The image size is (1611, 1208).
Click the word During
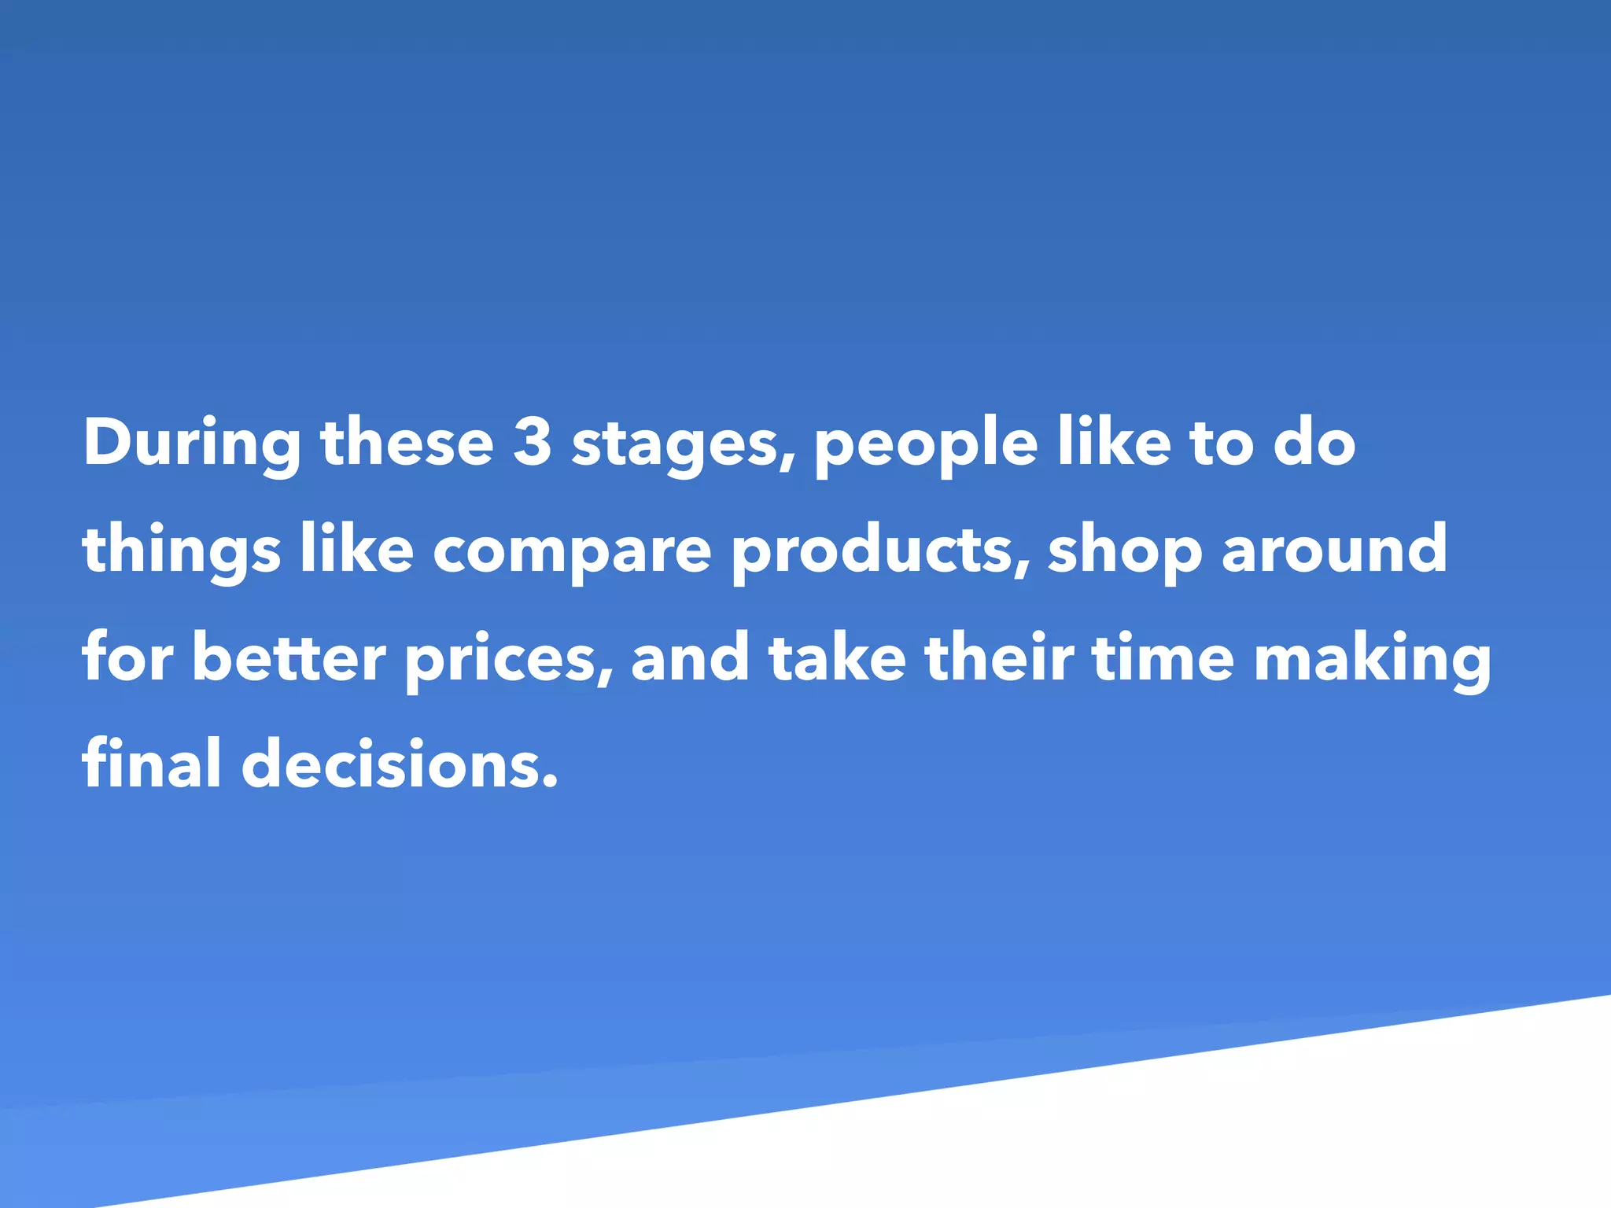(191, 444)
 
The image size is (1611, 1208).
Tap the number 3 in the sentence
(532, 442)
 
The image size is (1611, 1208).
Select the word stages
(674, 445)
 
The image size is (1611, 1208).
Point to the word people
(926, 445)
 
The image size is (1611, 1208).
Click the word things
(181, 551)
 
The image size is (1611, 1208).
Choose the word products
(874, 551)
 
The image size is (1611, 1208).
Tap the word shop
(1124, 551)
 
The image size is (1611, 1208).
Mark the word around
(1334, 550)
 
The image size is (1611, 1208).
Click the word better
(289, 657)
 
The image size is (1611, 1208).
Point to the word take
(837, 657)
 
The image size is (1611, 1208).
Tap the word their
(999, 657)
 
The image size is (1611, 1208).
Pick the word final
(151, 764)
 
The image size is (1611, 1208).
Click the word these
(407, 444)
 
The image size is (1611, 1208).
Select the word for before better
(127, 657)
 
